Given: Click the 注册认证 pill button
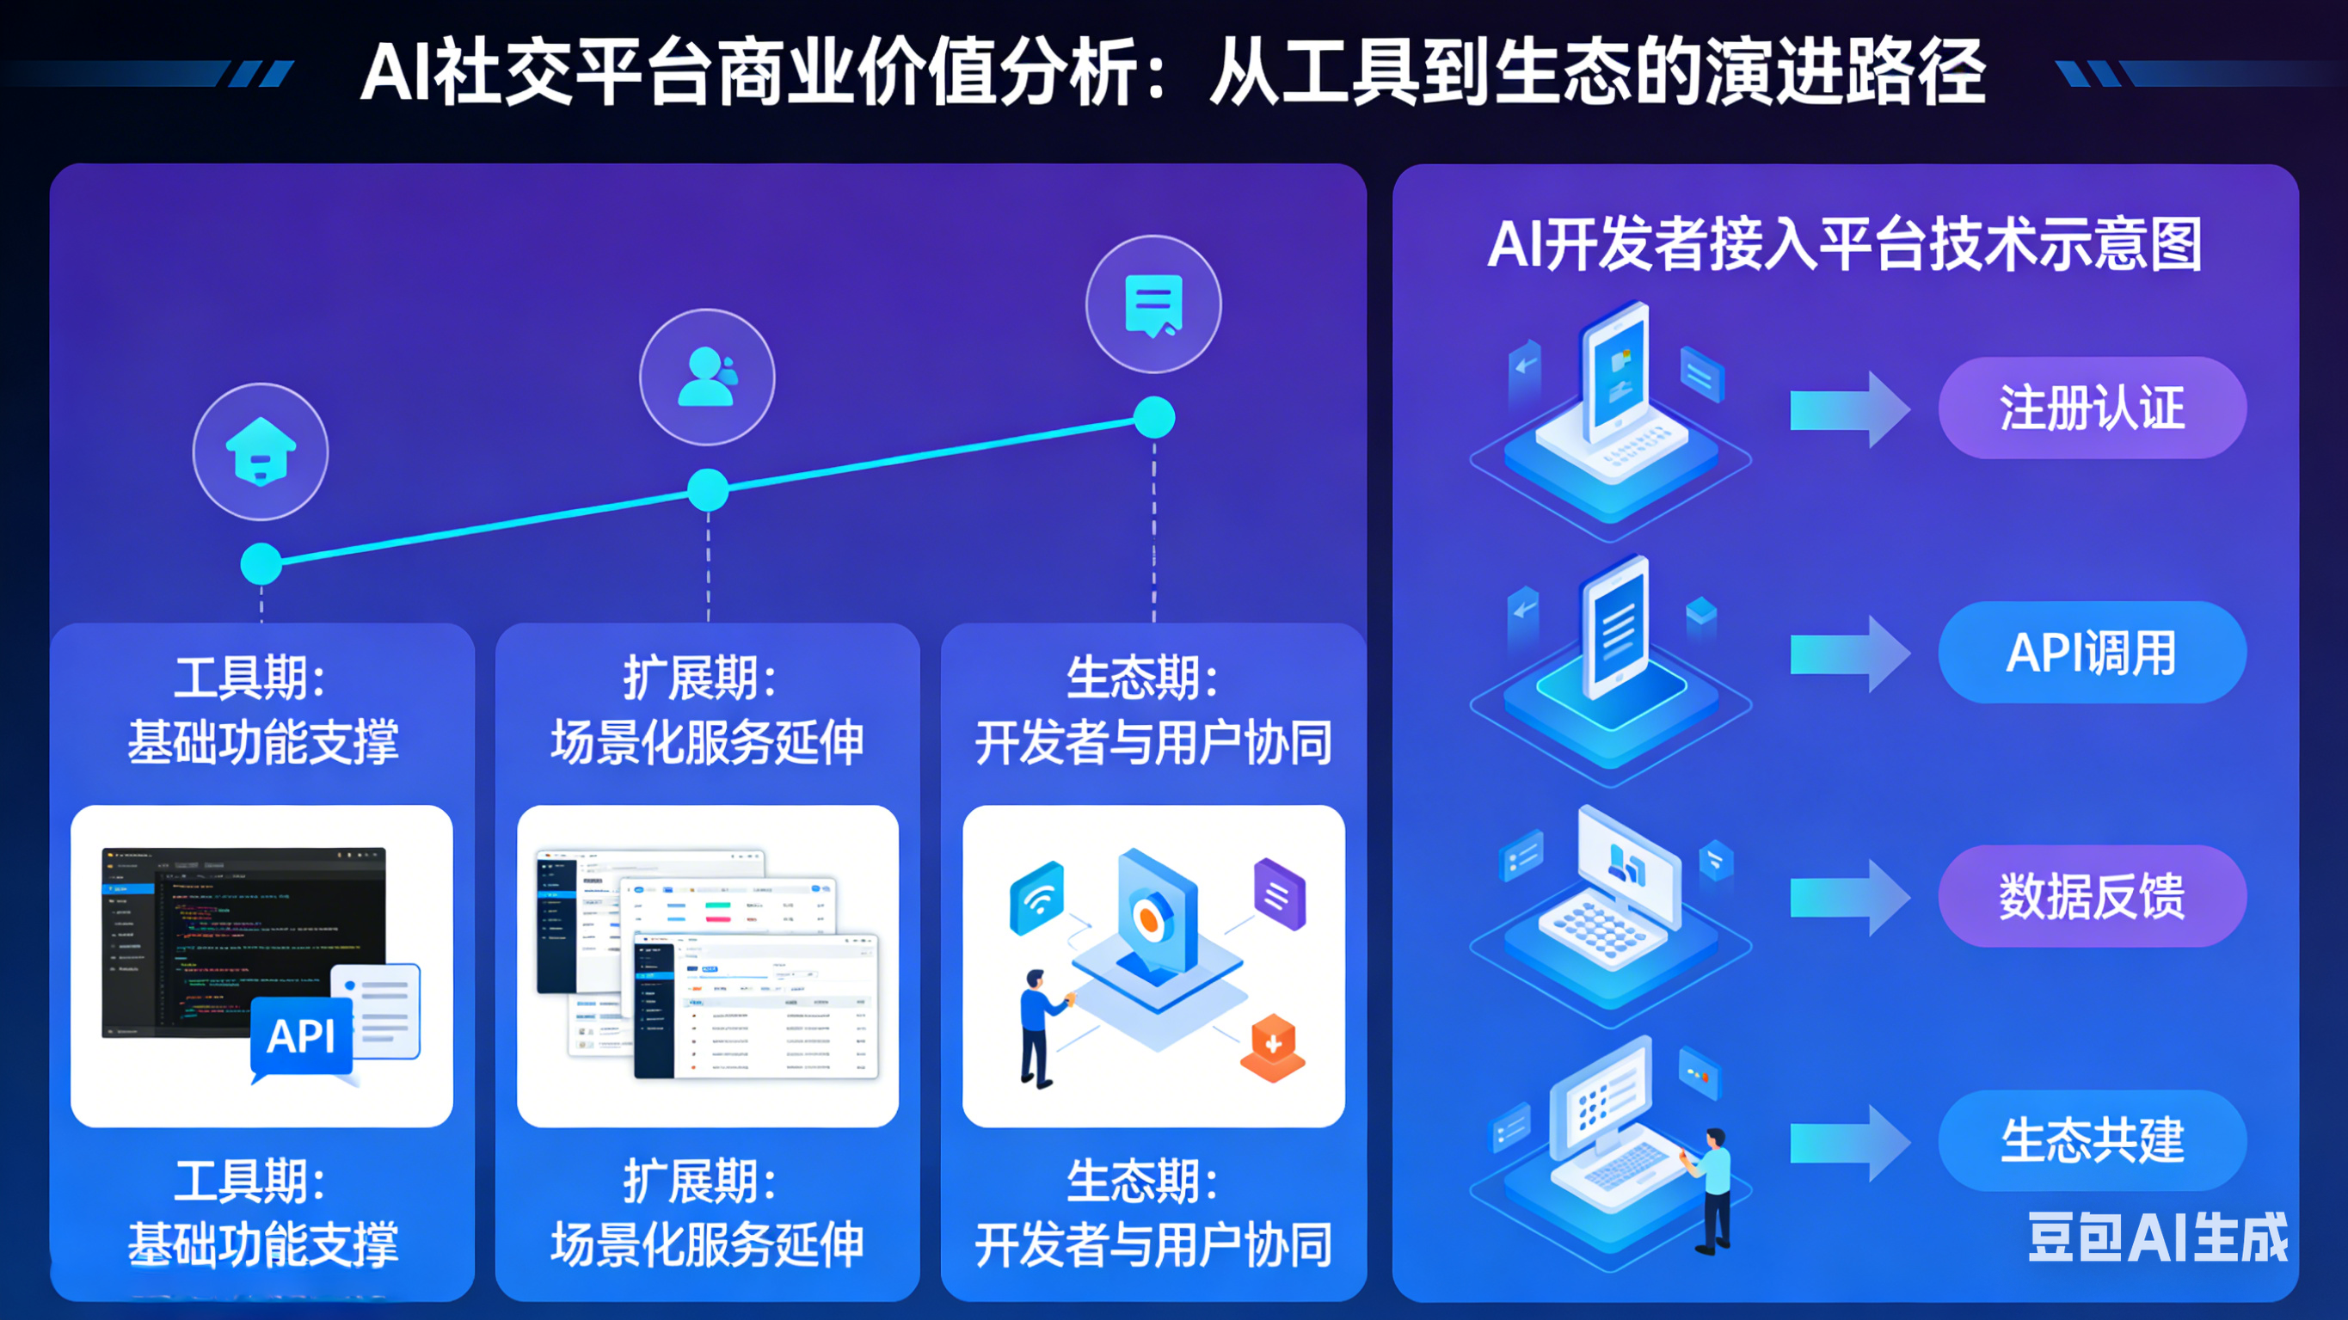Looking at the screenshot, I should tap(2092, 408).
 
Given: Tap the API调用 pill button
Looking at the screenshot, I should tap(2092, 653).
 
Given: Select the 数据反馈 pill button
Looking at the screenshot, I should tap(2092, 896).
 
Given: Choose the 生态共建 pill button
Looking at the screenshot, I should tap(2092, 1140).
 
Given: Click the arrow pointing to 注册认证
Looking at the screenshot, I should tap(1848, 409).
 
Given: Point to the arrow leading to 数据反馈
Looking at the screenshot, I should tap(1848, 898).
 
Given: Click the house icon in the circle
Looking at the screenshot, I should tap(261, 452).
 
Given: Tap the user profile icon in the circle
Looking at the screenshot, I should tap(707, 377).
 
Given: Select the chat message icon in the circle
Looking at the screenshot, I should tap(1154, 304).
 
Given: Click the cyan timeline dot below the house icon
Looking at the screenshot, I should tap(261, 563).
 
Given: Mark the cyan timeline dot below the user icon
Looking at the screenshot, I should tap(707, 490).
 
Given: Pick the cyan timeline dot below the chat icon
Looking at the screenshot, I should tap(1154, 419).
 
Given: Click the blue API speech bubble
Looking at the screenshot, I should tap(302, 1036).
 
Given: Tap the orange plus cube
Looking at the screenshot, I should tap(1274, 1046).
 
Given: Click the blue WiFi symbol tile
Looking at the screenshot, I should tap(1037, 897).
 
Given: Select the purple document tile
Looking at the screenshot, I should tap(1279, 894).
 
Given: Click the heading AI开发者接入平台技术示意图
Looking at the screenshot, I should tap(1845, 244).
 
